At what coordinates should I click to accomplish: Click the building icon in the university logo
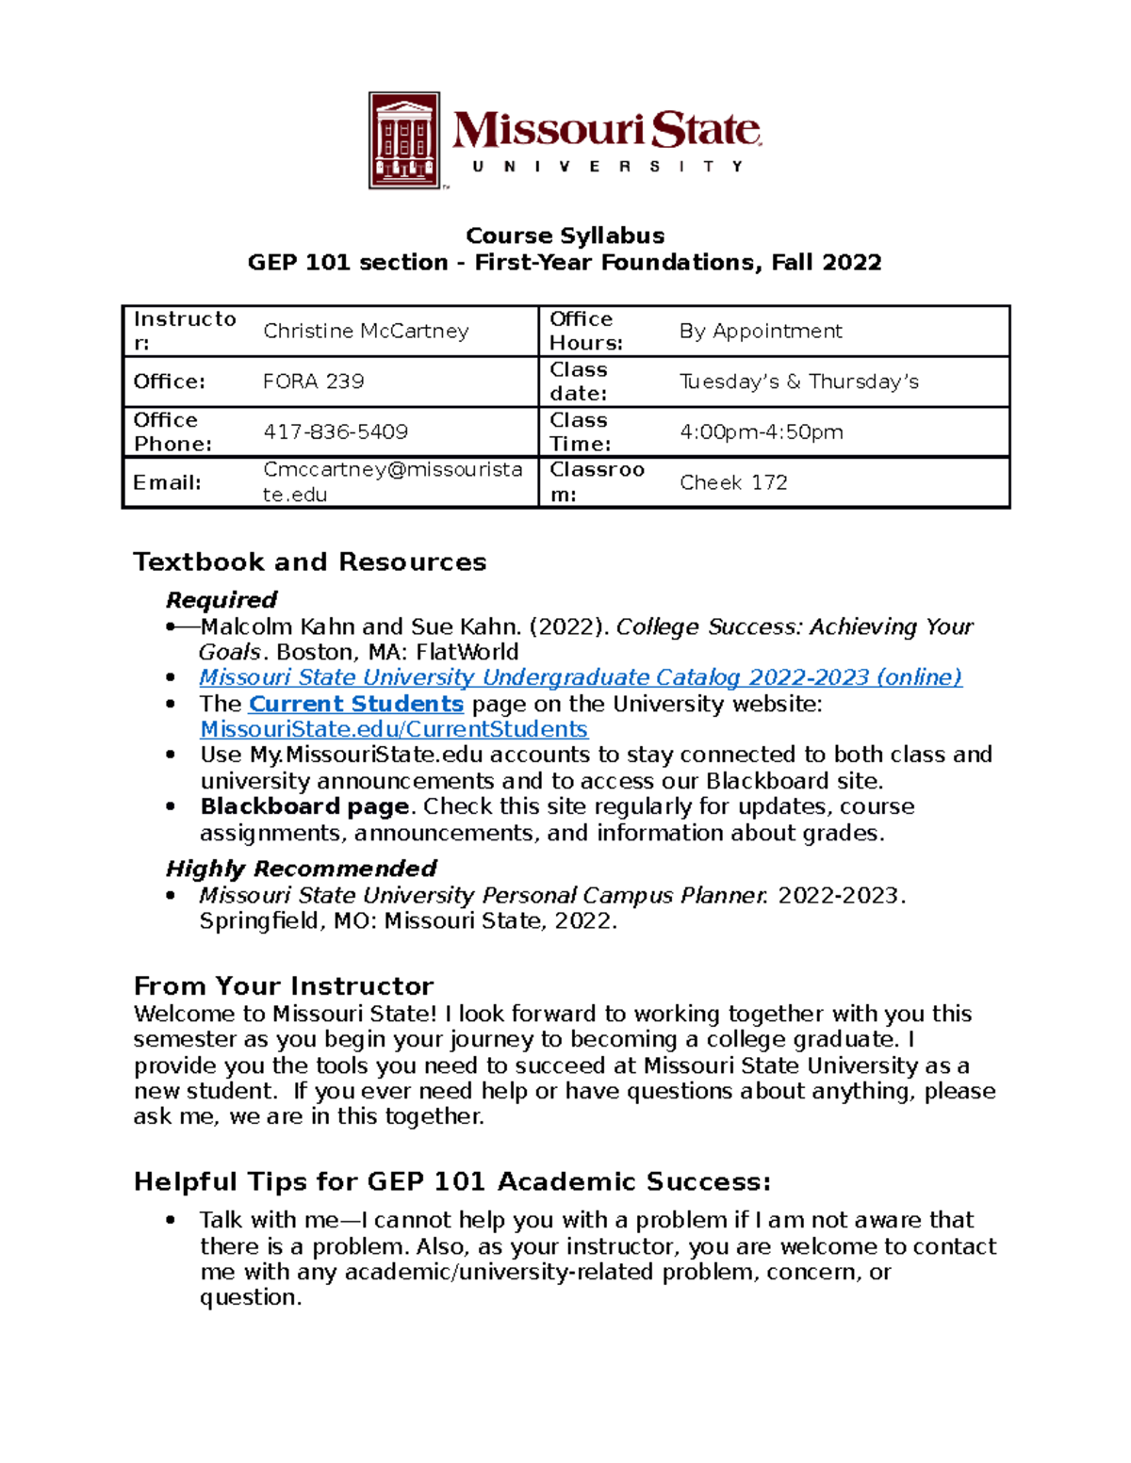(404, 140)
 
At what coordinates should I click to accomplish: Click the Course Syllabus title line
(565, 236)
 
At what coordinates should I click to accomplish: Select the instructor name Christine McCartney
(366, 331)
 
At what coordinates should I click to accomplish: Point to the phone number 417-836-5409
(336, 431)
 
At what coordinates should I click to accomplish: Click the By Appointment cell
(761, 331)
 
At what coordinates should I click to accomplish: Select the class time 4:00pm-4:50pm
(761, 431)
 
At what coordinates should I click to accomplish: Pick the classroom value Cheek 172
(733, 482)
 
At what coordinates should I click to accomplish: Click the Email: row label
(167, 482)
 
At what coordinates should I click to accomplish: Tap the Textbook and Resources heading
(309, 561)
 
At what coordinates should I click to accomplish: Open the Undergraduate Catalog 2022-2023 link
(581, 677)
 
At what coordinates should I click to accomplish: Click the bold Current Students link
(356, 704)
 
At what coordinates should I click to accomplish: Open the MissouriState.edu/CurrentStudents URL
(394, 729)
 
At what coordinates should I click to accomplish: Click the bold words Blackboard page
(304, 806)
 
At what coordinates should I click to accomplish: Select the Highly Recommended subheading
(301, 868)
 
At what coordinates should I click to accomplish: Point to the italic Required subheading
(221, 600)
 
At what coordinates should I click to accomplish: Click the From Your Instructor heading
(283, 986)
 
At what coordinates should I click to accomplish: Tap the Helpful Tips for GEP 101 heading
(452, 1181)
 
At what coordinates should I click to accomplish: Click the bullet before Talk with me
(171, 1220)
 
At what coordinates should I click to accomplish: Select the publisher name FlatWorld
(467, 652)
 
